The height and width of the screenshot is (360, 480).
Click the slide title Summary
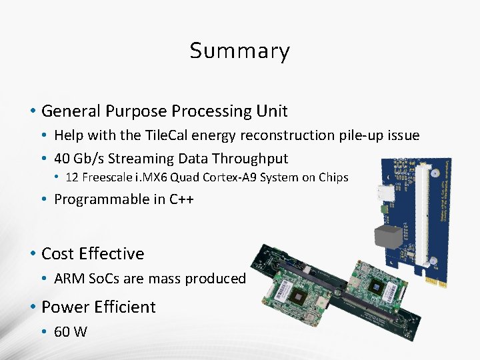tap(239, 51)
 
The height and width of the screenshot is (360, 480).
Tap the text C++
tap(181, 199)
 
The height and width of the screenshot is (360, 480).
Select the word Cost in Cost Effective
tap(58, 254)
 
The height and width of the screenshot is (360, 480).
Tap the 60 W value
tap(71, 332)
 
